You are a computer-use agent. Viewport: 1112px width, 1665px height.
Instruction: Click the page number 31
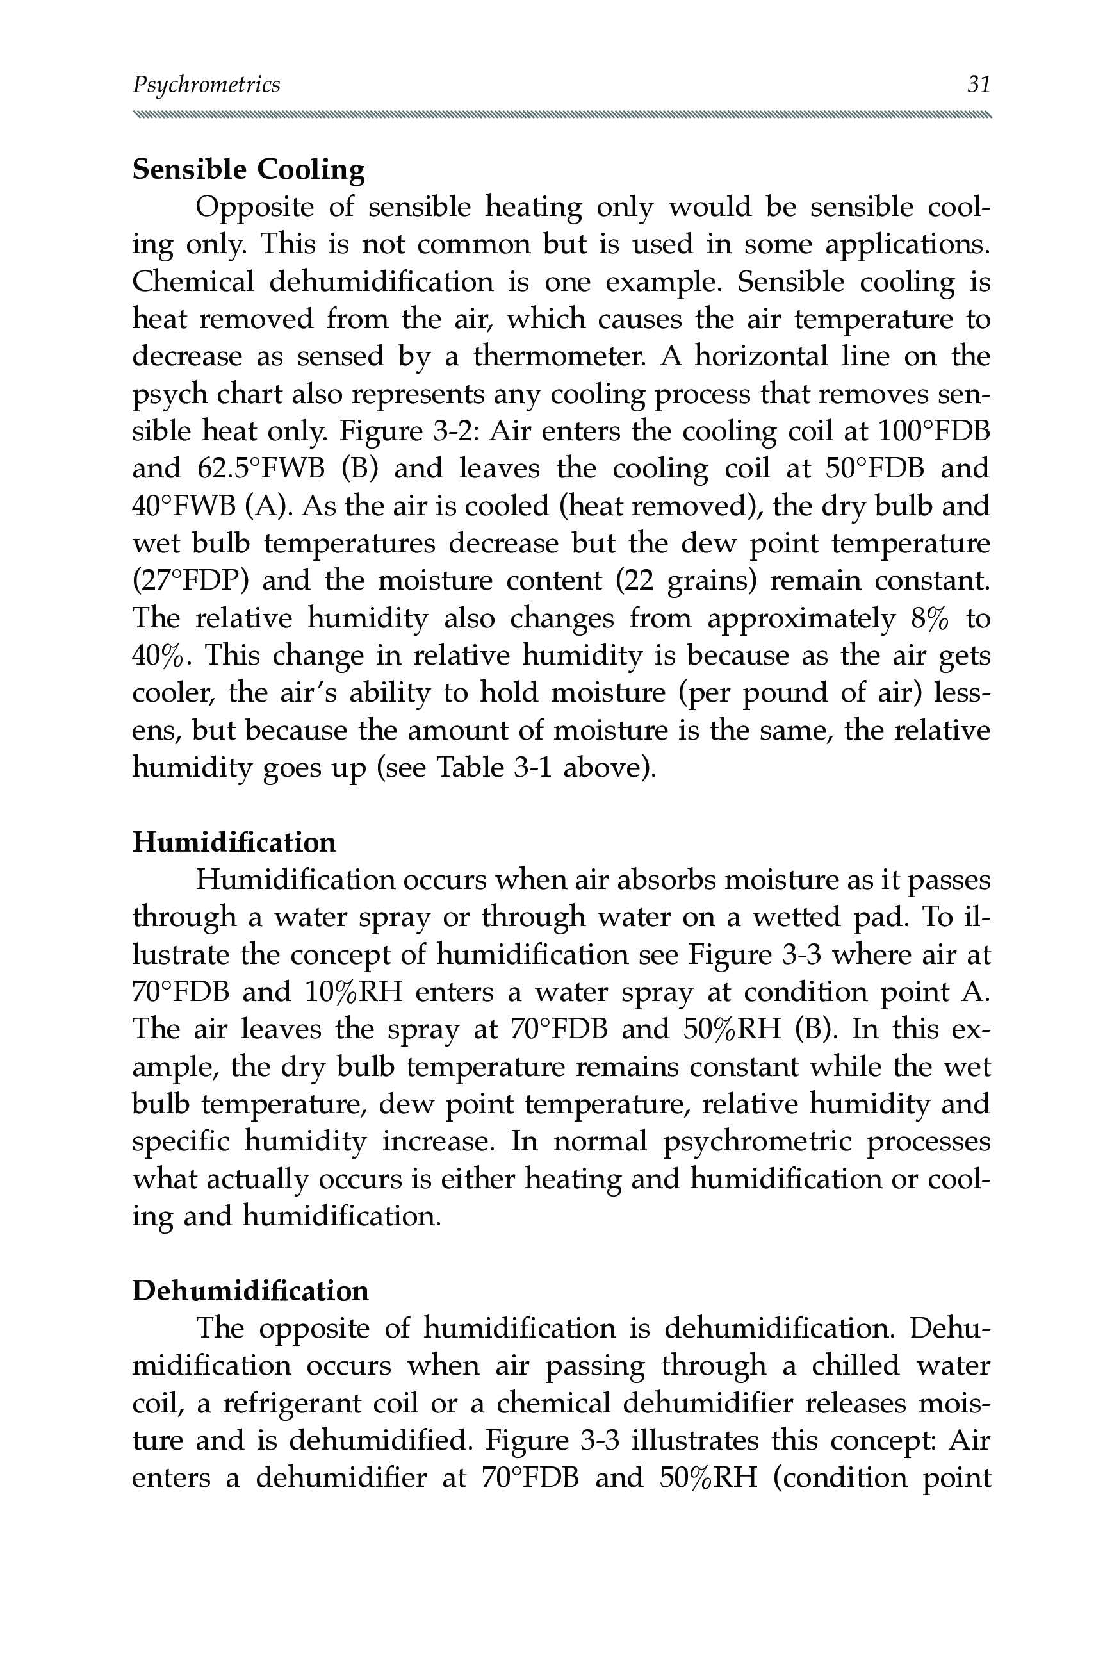[979, 85]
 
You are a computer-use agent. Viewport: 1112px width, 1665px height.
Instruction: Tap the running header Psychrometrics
[206, 85]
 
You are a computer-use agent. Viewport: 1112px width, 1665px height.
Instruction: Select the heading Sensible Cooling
[249, 170]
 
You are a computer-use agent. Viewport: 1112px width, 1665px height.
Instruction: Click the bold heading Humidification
[234, 842]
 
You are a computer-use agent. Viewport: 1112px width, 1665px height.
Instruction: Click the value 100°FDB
[934, 431]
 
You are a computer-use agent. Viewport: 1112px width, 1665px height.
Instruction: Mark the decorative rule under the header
[561, 115]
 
